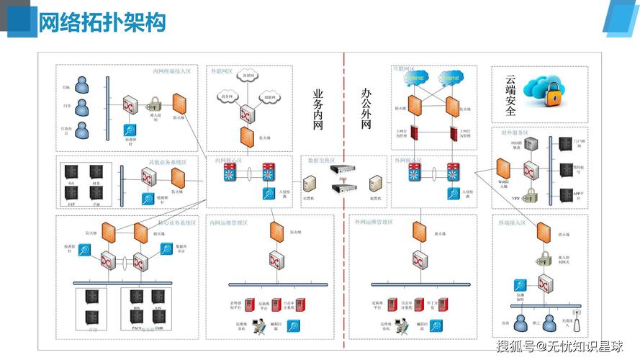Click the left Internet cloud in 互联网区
413,78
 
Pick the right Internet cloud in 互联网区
451,78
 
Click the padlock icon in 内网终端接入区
155,104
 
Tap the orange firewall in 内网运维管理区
276,232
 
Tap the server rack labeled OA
71,173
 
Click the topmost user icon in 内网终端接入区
83,86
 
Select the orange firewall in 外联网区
245,136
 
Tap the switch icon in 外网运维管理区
419,260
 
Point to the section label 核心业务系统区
176,223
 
